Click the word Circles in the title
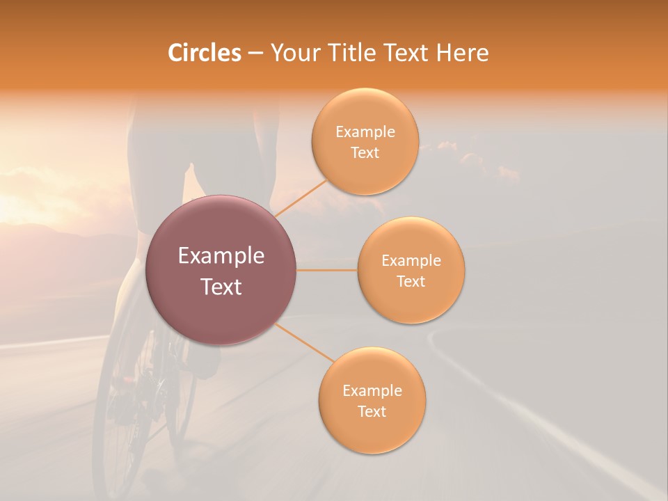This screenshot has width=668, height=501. [205, 53]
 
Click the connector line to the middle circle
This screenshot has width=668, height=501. [326, 270]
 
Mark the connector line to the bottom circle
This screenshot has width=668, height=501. [305, 342]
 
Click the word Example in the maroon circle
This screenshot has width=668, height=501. [221, 256]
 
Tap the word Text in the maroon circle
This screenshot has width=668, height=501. [221, 287]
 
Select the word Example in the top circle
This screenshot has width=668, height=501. [365, 132]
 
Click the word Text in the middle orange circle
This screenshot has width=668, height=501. [411, 281]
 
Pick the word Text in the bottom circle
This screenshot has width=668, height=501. [372, 411]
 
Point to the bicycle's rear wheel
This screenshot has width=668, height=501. [115, 417]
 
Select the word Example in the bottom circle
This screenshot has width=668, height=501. [372, 391]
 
